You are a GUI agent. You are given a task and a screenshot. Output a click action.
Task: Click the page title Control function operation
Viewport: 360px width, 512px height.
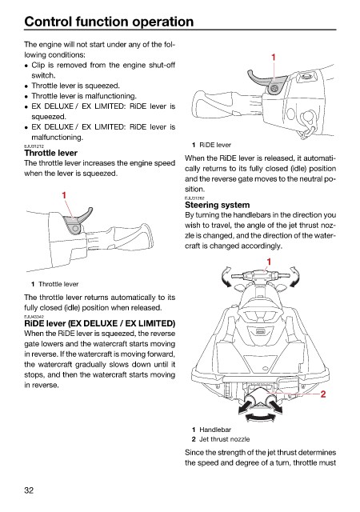(109, 22)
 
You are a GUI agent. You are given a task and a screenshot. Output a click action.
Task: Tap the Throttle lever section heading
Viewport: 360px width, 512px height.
(50, 153)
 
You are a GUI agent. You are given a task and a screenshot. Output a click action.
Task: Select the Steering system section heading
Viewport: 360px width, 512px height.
(218, 205)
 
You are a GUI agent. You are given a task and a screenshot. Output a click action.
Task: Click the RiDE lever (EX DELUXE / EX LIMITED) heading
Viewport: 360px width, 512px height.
(100, 323)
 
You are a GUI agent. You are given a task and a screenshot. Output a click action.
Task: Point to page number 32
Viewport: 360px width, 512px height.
(29, 490)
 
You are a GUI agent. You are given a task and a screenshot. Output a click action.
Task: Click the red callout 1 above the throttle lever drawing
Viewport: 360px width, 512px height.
(64, 195)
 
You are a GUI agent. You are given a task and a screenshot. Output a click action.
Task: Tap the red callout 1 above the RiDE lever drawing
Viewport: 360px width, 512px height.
(274, 58)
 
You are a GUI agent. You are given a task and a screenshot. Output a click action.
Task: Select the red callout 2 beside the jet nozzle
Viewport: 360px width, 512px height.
(322, 394)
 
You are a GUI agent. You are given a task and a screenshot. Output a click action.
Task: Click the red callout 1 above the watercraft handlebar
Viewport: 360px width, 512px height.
(269, 262)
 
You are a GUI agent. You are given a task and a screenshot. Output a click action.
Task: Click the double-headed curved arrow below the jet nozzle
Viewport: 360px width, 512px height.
(260, 417)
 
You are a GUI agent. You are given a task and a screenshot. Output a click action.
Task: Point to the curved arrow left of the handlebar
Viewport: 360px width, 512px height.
(226, 277)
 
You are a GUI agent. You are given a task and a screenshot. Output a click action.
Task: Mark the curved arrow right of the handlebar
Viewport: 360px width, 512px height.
(294, 277)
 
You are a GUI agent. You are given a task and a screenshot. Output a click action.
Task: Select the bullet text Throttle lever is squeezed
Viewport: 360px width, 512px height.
(75, 86)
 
